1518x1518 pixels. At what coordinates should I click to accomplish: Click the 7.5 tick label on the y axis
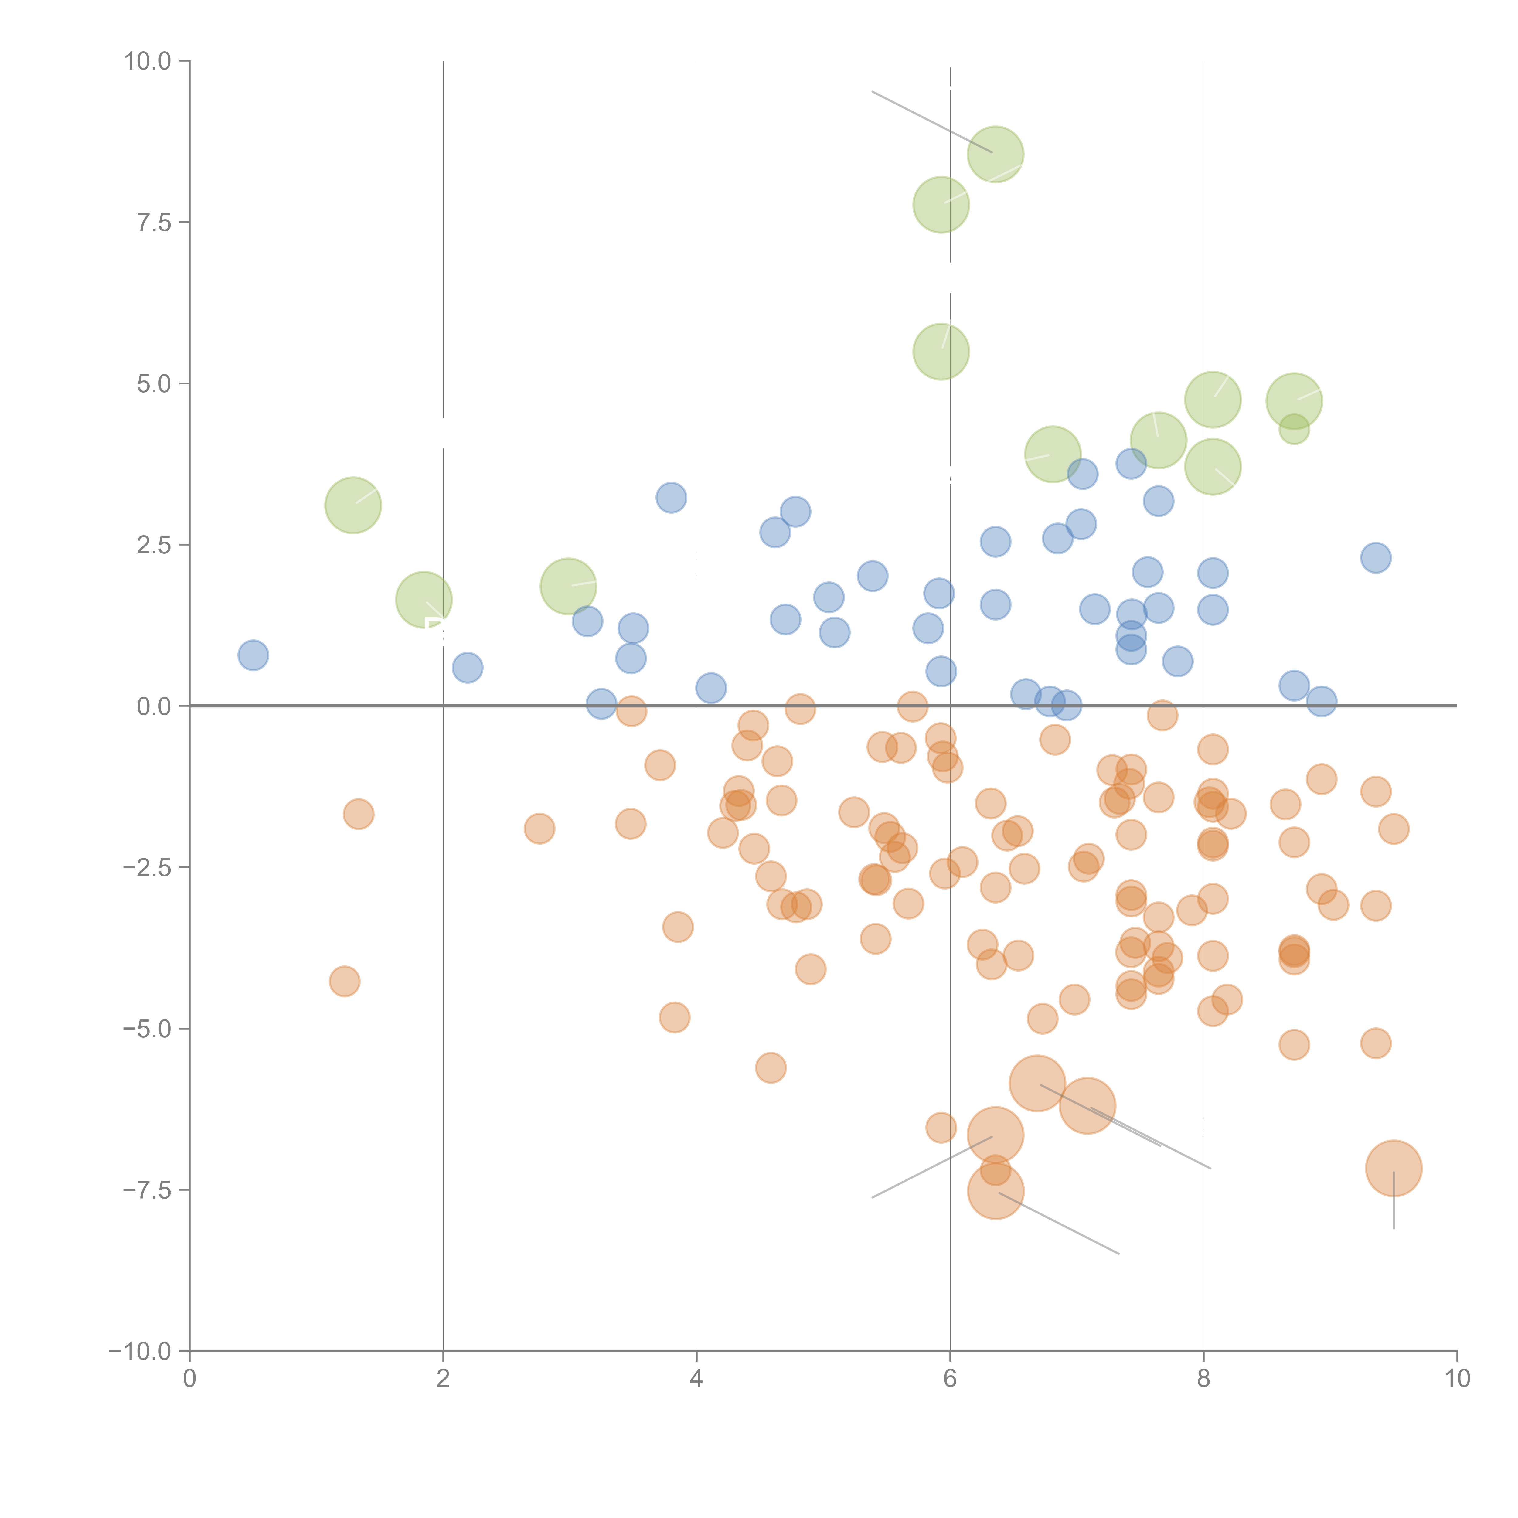(153, 222)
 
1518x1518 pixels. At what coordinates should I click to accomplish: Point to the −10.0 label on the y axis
(140, 1351)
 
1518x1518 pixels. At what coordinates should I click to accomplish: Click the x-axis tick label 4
(696, 1379)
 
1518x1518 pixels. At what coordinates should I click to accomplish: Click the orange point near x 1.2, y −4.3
(344, 981)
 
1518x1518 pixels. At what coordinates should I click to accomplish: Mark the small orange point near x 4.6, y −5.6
(771, 1068)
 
